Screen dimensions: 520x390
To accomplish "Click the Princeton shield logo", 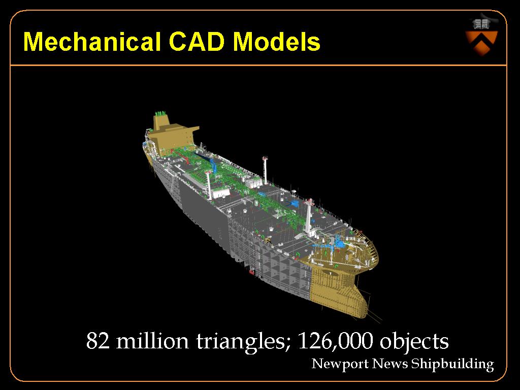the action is [481, 38].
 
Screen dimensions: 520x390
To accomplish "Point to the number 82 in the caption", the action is [98, 341].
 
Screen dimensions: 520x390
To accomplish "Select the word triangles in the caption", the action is [240, 342].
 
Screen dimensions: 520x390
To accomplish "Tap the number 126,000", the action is [335, 341].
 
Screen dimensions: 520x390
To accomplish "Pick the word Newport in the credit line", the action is [340, 364].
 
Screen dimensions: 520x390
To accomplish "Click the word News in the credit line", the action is [389, 364].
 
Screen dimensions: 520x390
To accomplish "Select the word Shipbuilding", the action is [452, 364].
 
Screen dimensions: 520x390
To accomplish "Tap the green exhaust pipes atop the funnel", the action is [161, 113].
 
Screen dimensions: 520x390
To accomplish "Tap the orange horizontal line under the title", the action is [258, 65].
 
